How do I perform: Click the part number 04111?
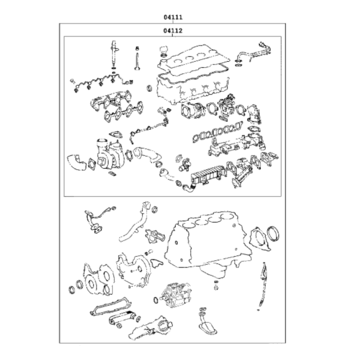(x=173, y=17)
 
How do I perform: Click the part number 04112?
(x=173, y=31)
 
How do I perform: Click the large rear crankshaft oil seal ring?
(x=273, y=233)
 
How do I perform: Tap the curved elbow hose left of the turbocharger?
(x=76, y=162)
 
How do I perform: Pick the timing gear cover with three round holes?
(x=99, y=279)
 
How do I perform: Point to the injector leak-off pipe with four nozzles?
(x=101, y=83)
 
